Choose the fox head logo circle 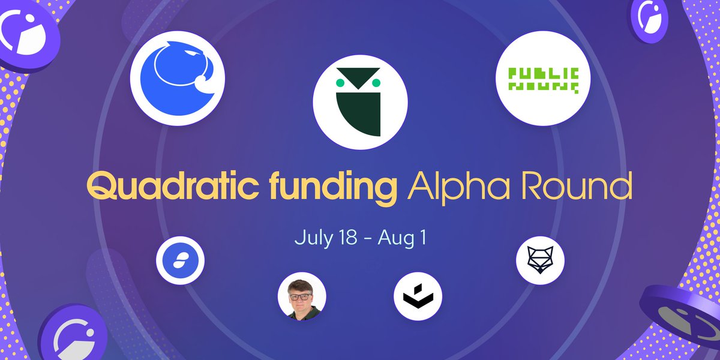coord(539,260)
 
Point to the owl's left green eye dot coord(340,81)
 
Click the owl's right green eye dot coord(377,81)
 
